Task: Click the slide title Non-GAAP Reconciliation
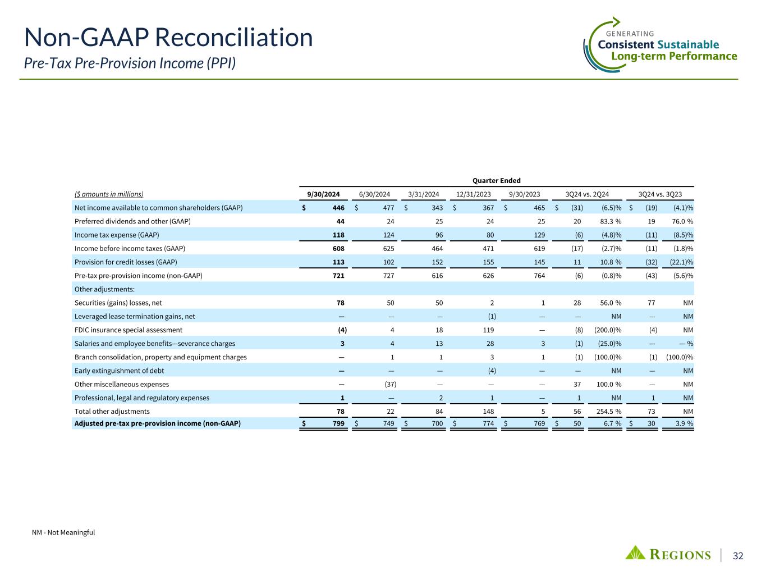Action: click(x=168, y=38)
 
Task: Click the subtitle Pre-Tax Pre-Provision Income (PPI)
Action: click(x=130, y=63)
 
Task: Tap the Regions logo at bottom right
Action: click(x=668, y=554)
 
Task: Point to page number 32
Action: click(x=738, y=556)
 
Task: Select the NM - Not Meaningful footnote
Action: click(x=63, y=532)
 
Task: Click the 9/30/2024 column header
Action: click(x=323, y=194)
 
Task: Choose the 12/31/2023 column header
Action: click(x=474, y=194)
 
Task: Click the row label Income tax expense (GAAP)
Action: click(x=117, y=235)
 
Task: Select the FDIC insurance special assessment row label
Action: click(x=129, y=330)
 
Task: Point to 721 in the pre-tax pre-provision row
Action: click(x=338, y=276)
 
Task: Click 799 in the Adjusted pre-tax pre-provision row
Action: click(x=338, y=423)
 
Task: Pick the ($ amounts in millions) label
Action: click(x=109, y=194)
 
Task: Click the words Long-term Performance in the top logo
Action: click(x=673, y=56)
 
